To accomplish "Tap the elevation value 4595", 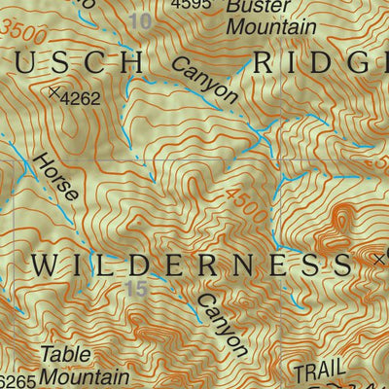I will (x=191, y=5).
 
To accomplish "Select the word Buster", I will (x=252, y=7).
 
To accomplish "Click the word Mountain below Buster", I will (x=270, y=27).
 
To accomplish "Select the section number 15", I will (x=136, y=288).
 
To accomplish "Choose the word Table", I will (x=63, y=355).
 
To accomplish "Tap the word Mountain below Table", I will (x=85, y=376).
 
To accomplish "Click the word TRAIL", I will (x=318, y=371).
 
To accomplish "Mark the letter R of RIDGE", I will (x=265, y=63).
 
